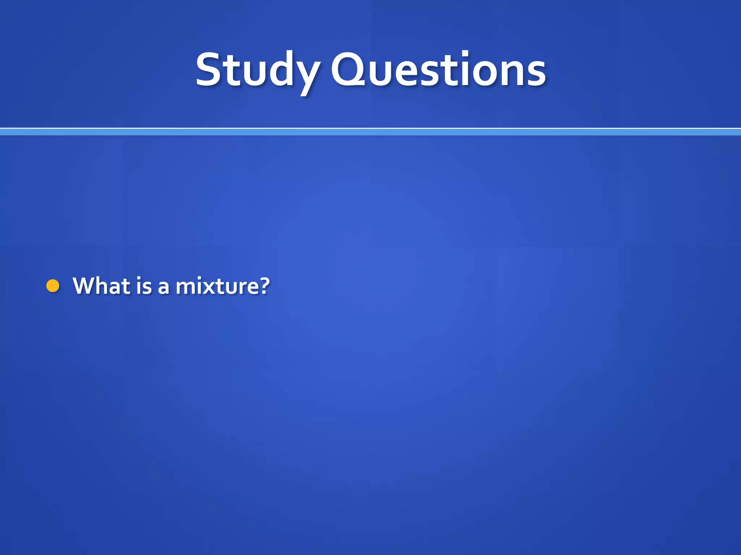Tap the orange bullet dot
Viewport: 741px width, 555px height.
[x=53, y=286]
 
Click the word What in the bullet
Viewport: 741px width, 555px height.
[x=102, y=286]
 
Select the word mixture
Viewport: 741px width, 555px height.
[x=217, y=286]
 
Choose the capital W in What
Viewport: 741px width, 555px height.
[x=86, y=286]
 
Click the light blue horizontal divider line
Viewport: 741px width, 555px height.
[x=370, y=132]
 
